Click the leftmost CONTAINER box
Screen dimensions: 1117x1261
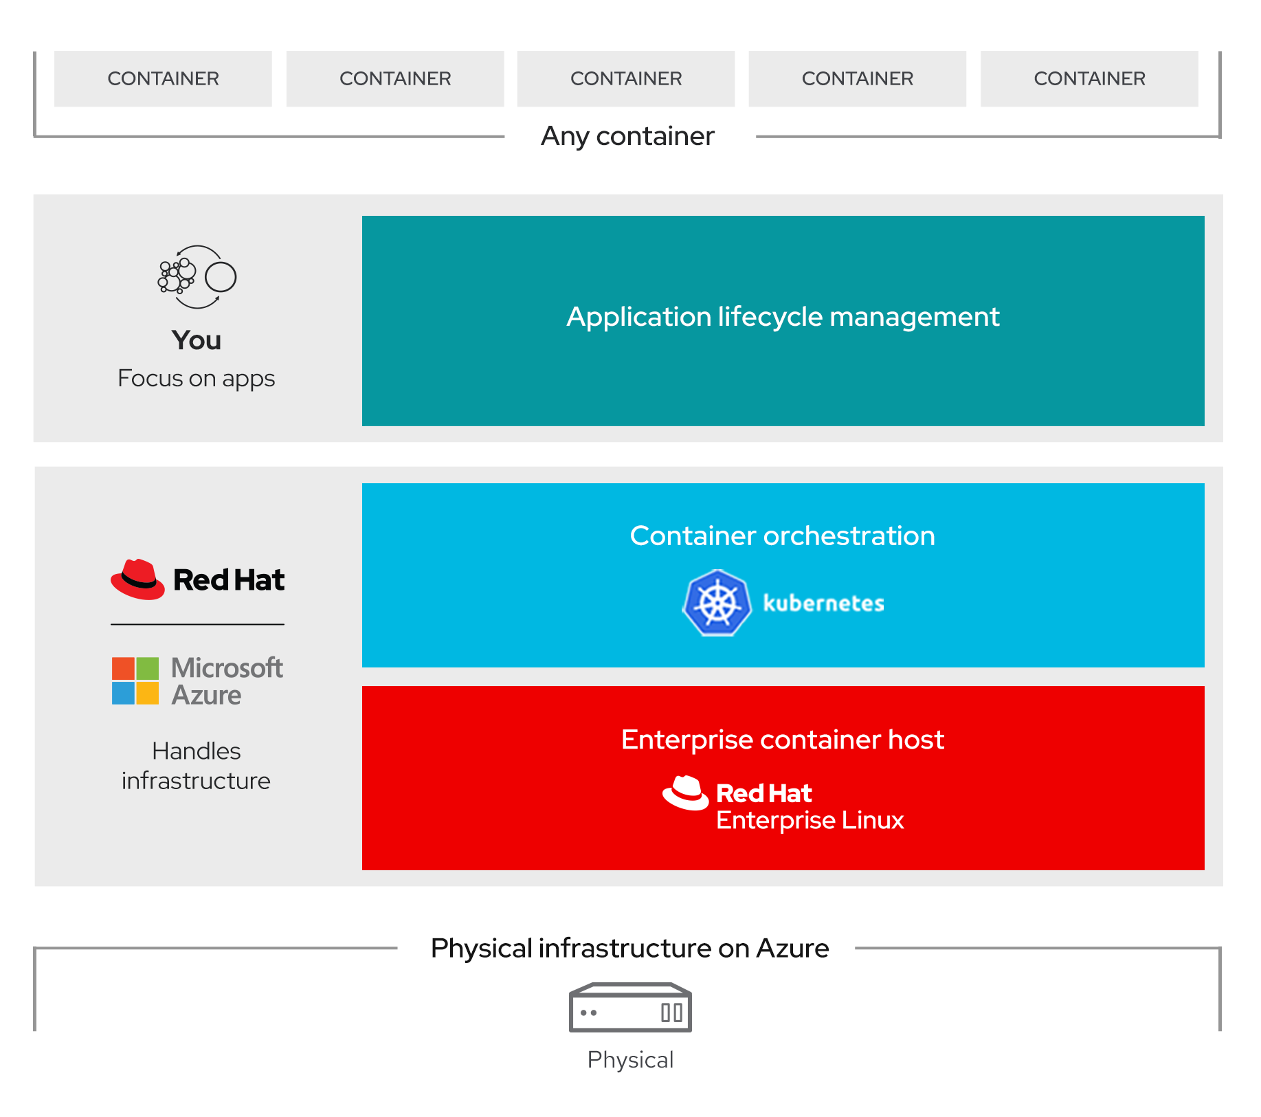pos(163,78)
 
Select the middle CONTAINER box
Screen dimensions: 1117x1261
pos(625,78)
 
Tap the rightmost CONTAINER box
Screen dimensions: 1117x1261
pos(1089,78)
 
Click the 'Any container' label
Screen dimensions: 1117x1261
pos(627,136)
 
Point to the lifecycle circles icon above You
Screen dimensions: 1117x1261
pos(197,277)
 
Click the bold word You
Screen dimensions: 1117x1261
pos(197,340)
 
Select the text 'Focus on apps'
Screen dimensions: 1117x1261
pos(196,379)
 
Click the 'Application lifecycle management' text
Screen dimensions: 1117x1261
pos(783,317)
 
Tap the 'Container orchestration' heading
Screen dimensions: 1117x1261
pos(782,536)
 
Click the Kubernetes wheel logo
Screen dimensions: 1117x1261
pos(717,603)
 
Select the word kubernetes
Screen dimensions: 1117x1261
pos(823,604)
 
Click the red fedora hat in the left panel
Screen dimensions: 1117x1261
pos(137,579)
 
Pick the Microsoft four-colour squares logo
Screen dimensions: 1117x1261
pos(135,681)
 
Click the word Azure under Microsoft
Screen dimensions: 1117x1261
pos(206,696)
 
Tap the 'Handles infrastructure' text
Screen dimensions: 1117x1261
pos(196,766)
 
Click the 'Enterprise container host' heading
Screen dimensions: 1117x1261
pos(782,740)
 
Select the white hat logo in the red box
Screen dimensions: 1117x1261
pos(685,793)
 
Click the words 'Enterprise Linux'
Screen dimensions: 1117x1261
pos(810,821)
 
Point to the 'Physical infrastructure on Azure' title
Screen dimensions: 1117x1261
pos(629,949)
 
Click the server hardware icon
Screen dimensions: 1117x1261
pos(630,1008)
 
